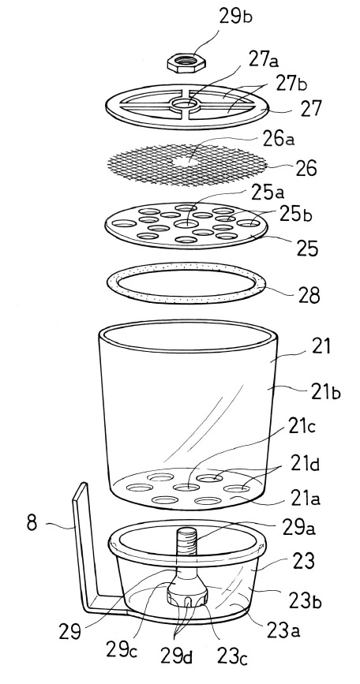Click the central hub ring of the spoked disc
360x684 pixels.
(x=185, y=105)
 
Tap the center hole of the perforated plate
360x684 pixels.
(x=186, y=224)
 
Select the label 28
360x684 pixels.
(x=307, y=294)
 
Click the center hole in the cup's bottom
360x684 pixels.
(x=186, y=487)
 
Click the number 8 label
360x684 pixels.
(x=32, y=521)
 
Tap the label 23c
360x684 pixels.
(x=229, y=656)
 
